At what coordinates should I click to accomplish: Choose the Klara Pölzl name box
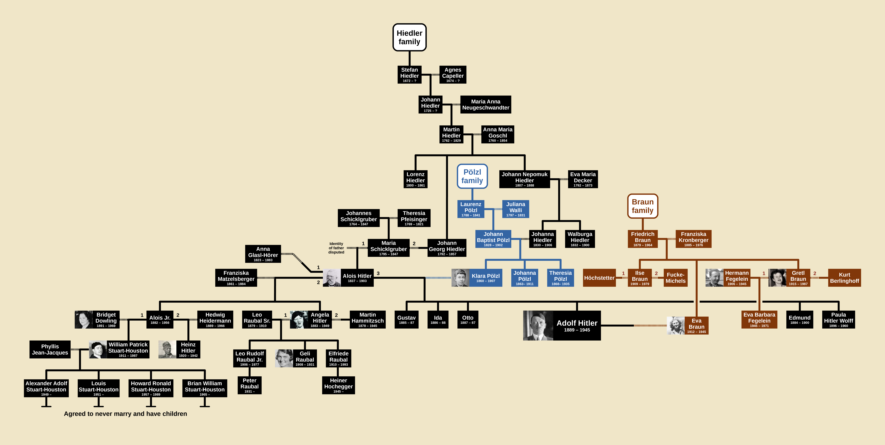pyautogui.click(x=485, y=278)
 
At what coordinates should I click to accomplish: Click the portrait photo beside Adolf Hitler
pyautogui.click(x=538, y=325)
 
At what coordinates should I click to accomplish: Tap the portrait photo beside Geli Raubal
pyautogui.click(x=284, y=358)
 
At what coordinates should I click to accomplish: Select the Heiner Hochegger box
pyautogui.click(x=338, y=385)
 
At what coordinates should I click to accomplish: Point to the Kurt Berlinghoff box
pyautogui.click(x=844, y=278)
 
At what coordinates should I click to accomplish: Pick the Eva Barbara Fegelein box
pyautogui.click(x=759, y=319)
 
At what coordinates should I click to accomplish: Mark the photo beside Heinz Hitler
pyautogui.click(x=167, y=349)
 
